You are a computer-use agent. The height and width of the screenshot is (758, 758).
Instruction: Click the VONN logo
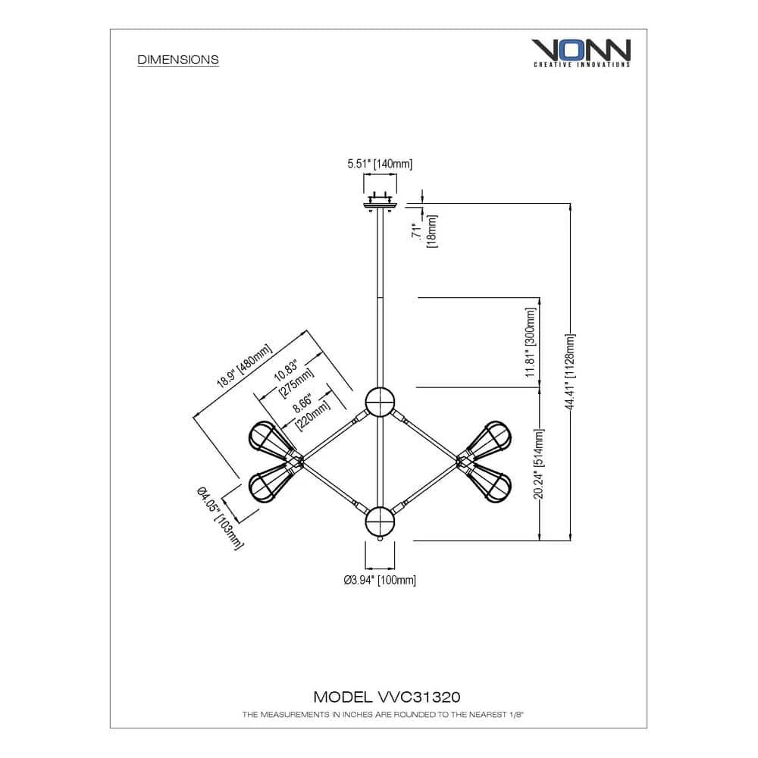[x=581, y=53]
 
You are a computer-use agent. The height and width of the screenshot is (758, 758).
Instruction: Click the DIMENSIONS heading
[x=178, y=59]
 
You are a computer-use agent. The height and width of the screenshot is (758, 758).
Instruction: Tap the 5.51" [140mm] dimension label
[x=380, y=164]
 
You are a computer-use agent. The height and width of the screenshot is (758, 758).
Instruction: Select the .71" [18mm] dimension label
[x=424, y=231]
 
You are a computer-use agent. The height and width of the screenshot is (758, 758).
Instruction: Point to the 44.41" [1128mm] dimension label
[x=570, y=371]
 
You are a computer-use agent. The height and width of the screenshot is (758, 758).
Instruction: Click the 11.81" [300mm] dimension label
[x=531, y=343]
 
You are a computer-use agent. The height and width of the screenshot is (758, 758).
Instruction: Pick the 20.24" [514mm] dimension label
[x=539, y=464]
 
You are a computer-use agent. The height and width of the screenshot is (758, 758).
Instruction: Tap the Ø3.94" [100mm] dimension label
[x=380, y=580]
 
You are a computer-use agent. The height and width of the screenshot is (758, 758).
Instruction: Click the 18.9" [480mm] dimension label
[x=244, y=366]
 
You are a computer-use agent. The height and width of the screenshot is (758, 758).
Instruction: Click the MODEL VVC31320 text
[x=387, y=697]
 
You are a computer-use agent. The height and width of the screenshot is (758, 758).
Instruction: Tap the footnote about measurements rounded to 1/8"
[x=383, y=715]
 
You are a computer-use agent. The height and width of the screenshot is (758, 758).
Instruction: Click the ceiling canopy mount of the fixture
[x=380, y=202]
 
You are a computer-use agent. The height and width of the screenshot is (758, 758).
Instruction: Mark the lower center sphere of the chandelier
[x=380, y=522]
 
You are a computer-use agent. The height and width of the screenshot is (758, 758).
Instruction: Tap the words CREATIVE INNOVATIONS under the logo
[x=581, y=64]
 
